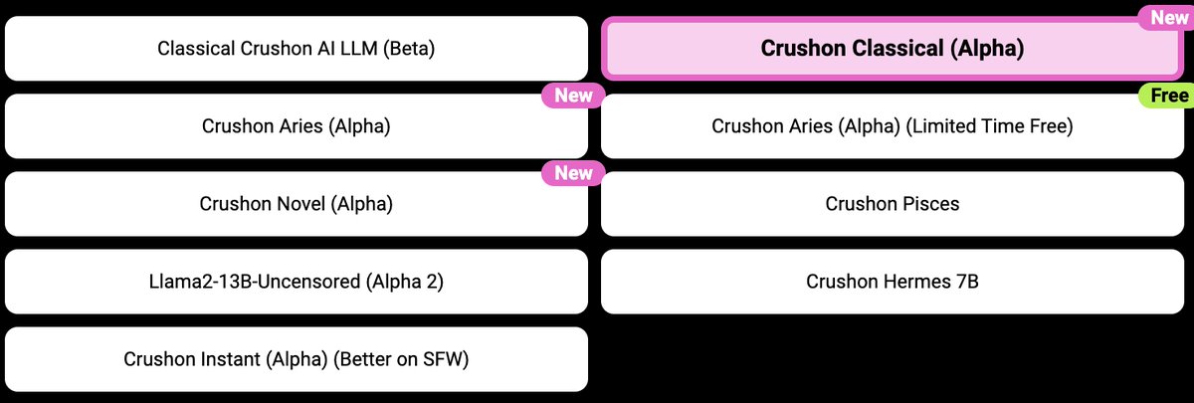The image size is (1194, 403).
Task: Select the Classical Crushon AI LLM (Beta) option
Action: pyautogui.click(x=296, y=48)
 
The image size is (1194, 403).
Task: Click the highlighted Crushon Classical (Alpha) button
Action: pyautogui.click(x=892, y=48)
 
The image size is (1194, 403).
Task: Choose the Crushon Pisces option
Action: pyautogui.click(x=892, y=204)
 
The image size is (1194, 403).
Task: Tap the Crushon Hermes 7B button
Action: pyautogui.click(x=892, y=282)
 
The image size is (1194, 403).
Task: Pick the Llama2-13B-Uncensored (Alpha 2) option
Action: pyautogui.click(x=296, y=282)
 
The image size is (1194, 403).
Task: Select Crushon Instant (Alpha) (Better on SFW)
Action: pyautogui.click(x=296, y=359)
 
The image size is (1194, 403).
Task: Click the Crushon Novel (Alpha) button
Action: pyautogui.click(x=296, y=204)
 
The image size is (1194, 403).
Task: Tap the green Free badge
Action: pyautogui.click(x=1164, y=96)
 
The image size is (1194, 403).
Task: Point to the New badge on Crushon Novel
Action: pyautogui.click(x=573, y=173)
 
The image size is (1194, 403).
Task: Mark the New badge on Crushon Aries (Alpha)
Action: pyautogui.click(x=573, y=96)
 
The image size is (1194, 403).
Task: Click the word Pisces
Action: pyautogui.click(x=927, y=204)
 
